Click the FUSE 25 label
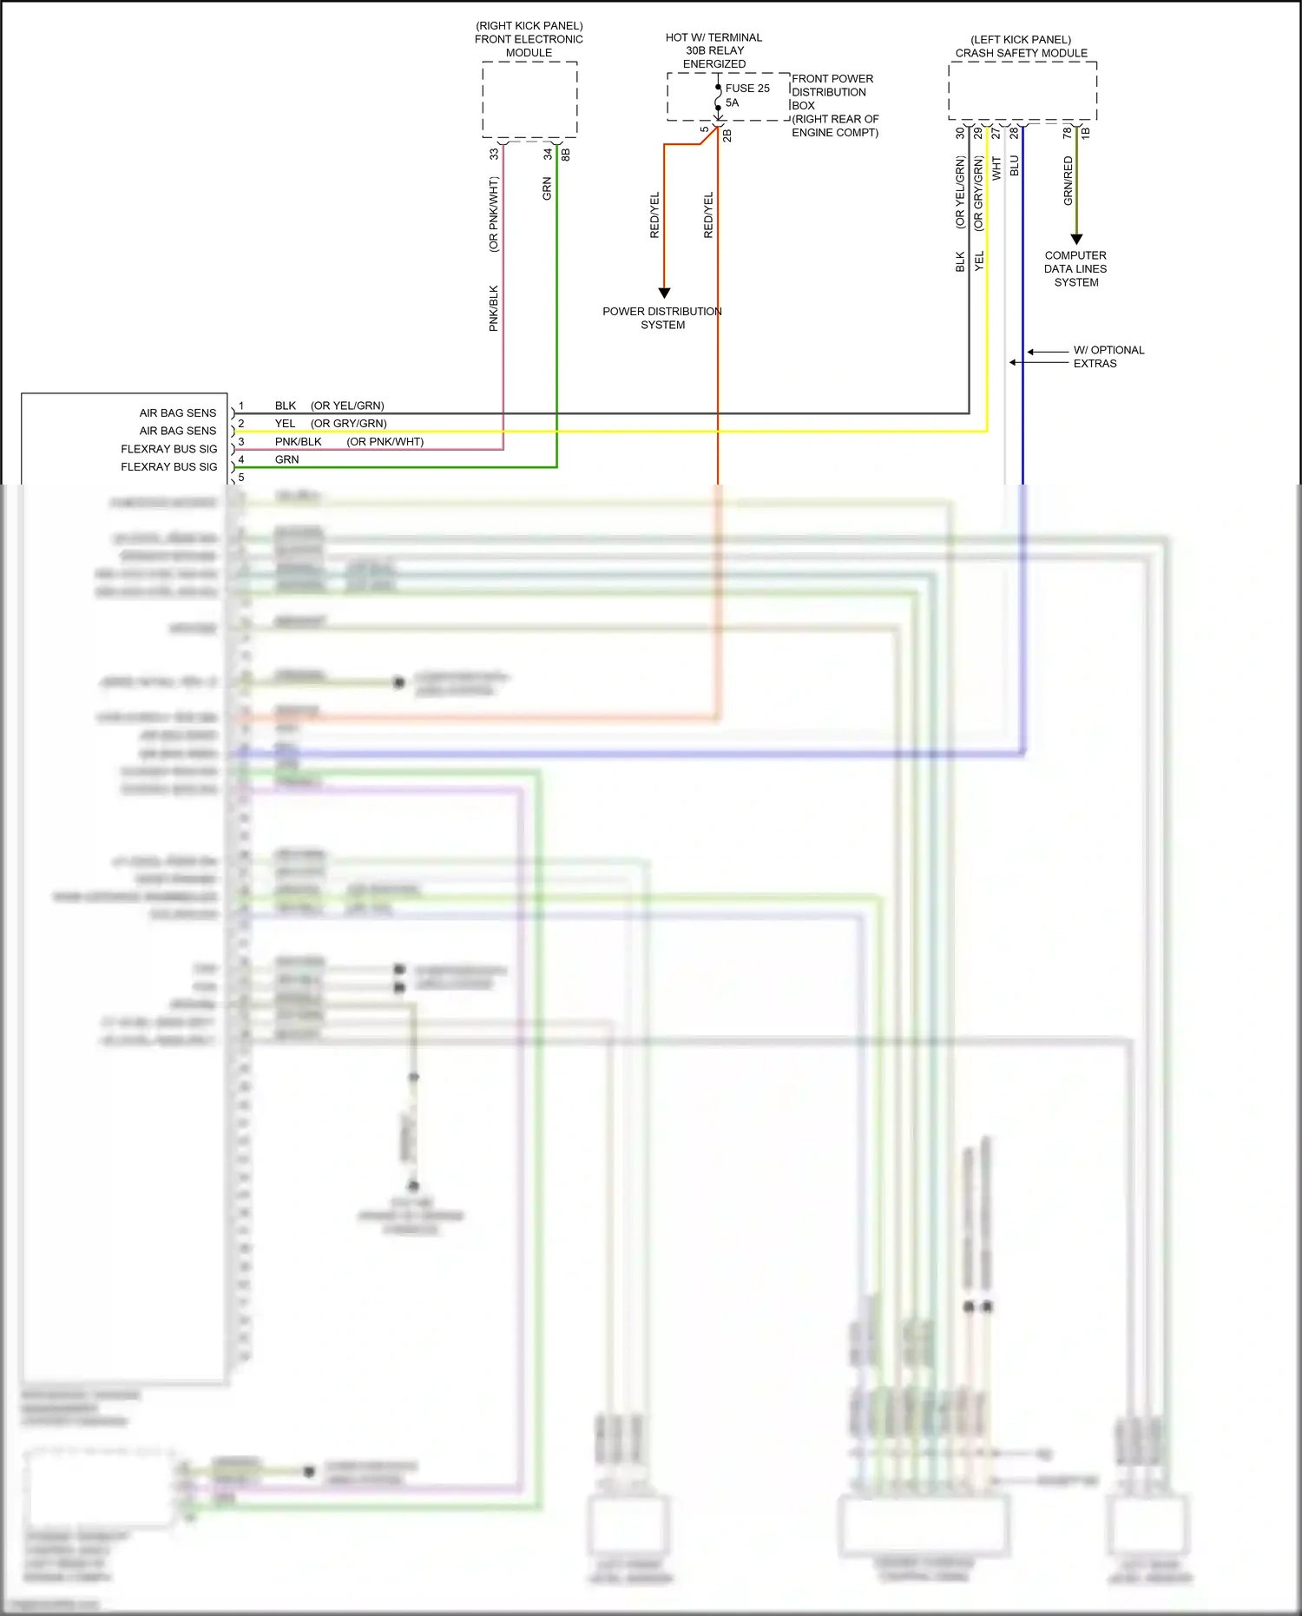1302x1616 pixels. [x=747, y=89]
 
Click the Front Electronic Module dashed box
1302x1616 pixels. [x=529, y=99]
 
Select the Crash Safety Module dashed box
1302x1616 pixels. [x=1022, y=91]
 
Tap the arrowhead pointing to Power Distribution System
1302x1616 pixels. [x=664, y=293]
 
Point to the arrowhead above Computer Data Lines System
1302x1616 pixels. [x=1076, y=239]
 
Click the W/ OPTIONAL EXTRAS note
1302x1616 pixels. [x=1108, y=357]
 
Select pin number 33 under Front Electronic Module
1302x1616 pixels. [x=494, y=154]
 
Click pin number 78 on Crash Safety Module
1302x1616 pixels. [x=1067, y=133]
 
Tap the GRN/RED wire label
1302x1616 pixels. [x=1069, y=181]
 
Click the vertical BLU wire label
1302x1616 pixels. [x=1015, y=166]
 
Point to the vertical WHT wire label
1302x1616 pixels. [x=996, y=168]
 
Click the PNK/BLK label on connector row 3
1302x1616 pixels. [x=298, y=442]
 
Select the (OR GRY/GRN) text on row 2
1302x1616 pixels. [x=349, y=424]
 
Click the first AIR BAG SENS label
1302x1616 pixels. [x=178, y=413]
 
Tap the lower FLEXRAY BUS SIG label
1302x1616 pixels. [x=169, y=467]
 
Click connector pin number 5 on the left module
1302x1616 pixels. [x=241, y=478]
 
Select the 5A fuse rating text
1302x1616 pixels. [x=732, y=103]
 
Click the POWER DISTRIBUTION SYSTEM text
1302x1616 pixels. [x=662, y=318]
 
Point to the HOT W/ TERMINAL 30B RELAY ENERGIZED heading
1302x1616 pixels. [x=713, y=50]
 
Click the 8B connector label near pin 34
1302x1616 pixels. [x=566, y=154]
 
